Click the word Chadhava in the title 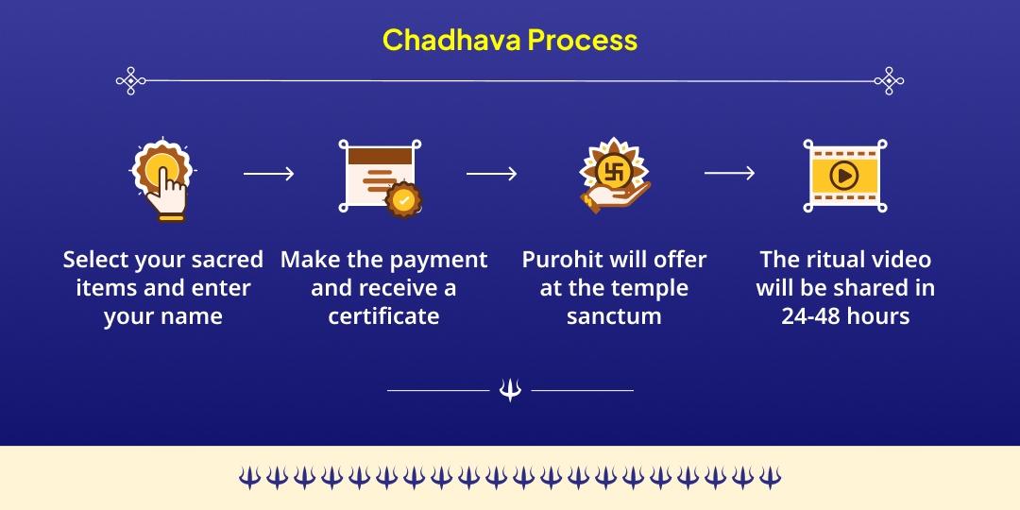[x=450, y=41]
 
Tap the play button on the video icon [x=843, y=175]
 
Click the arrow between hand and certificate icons [x=268, y=174]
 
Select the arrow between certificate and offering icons [x=491, y=174]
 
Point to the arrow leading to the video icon [x=729, y=173]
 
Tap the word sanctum [x=614, y=316]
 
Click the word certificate [x=383, y=316]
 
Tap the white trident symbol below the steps [x=510, y=389]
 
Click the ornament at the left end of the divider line [x=130, y=81]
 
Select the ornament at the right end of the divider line [x=889, y=81]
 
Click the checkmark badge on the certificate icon [x=404, y=199]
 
